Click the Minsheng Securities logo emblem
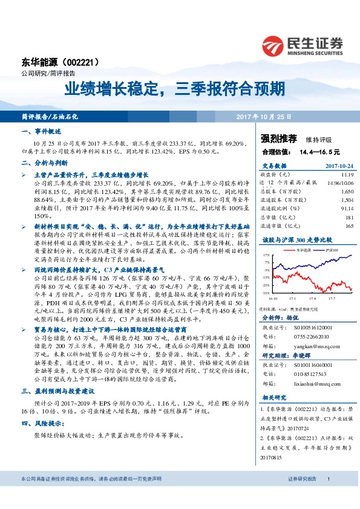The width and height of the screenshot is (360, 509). pos(275,45)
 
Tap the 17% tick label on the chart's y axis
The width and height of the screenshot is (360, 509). pos(266,256)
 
